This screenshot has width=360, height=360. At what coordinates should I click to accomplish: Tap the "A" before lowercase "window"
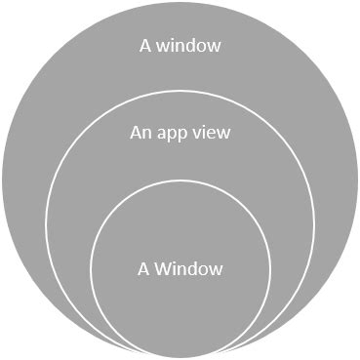146,44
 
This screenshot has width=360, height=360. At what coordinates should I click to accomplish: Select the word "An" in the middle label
140,133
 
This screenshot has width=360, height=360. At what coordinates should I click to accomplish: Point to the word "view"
213,133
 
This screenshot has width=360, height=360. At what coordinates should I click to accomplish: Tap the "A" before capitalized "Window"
144,268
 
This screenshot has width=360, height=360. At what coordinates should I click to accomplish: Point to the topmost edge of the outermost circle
180,3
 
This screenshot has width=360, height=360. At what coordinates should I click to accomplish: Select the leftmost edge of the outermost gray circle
3,180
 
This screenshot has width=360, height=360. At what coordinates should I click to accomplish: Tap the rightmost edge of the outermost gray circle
357,180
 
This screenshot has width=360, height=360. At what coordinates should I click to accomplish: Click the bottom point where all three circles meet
180,356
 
